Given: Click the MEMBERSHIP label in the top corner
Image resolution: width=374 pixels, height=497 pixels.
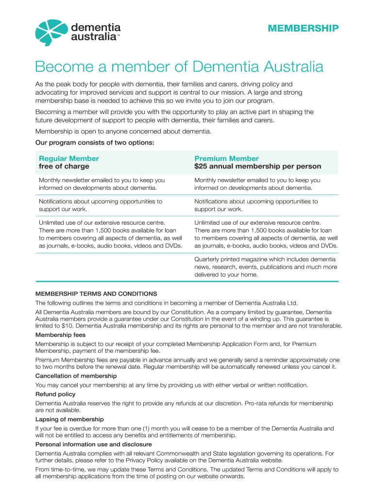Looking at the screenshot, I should [x=303, y=29].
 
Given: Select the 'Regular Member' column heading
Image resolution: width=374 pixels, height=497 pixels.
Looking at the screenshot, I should [x=68, y=158].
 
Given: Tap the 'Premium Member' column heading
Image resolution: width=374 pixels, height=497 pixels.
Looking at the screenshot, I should [x=226, y=158].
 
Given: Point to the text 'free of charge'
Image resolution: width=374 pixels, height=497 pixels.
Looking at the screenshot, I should [x=64, y=166].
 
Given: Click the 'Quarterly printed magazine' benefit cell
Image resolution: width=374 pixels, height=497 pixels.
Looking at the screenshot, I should [x=265, y=267].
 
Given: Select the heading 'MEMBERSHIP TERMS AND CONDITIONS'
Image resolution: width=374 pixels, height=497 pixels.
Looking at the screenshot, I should [x=96, y=294].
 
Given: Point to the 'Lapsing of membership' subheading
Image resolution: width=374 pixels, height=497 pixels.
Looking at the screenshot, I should [x=69, y=419].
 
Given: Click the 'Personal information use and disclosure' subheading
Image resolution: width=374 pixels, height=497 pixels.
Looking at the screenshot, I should [x=94, y=444].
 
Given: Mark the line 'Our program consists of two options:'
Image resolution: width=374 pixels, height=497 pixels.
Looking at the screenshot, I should [x=95, y=143].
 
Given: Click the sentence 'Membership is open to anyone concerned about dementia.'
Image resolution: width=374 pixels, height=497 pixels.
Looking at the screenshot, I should [x=123, y=132].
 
